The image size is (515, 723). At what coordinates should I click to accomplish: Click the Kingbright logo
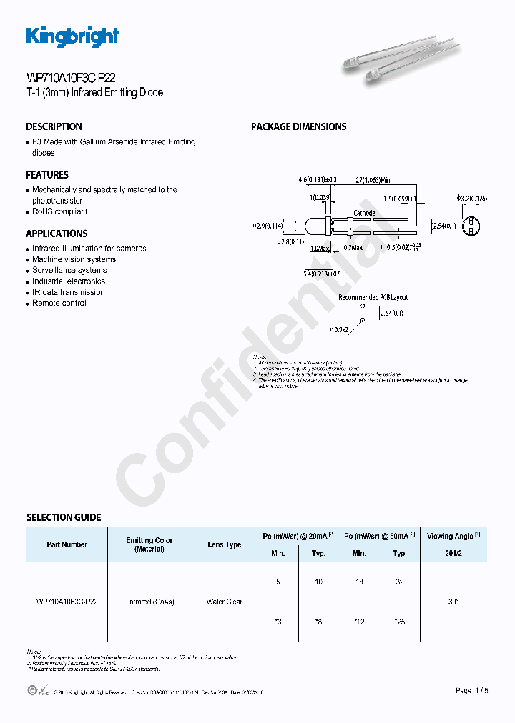pos(72,36)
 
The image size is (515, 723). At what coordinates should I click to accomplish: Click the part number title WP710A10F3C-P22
pos(71,79)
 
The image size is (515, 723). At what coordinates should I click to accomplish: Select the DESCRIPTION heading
pos(54,126)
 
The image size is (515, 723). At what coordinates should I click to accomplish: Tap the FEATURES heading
pos(47,175)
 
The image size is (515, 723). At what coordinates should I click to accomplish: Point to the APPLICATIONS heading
pos(57,234)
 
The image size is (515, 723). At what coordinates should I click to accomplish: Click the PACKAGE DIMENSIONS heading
pos(298,126)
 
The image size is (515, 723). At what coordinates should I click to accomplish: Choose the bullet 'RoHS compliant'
pos(60,211)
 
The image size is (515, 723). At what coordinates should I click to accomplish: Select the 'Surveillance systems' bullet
pos(69,271)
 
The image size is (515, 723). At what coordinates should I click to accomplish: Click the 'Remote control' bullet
pos(59,304)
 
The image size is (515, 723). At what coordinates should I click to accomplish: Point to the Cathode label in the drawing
pos(364,214)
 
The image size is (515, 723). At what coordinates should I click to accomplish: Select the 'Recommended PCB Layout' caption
pos(373,297)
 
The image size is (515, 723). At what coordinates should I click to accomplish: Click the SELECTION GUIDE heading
pos(64,517)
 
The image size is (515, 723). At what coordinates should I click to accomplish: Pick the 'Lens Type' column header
pos(224,544)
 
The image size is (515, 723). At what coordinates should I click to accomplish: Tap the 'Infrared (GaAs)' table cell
pos(151,602)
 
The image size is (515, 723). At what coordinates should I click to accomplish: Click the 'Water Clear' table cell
pos(224,602)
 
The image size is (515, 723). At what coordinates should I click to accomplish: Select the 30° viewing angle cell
pos(453,602)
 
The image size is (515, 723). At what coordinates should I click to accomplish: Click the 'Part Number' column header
pos(67,544)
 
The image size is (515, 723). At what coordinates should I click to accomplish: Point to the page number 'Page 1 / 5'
pos(472,691)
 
